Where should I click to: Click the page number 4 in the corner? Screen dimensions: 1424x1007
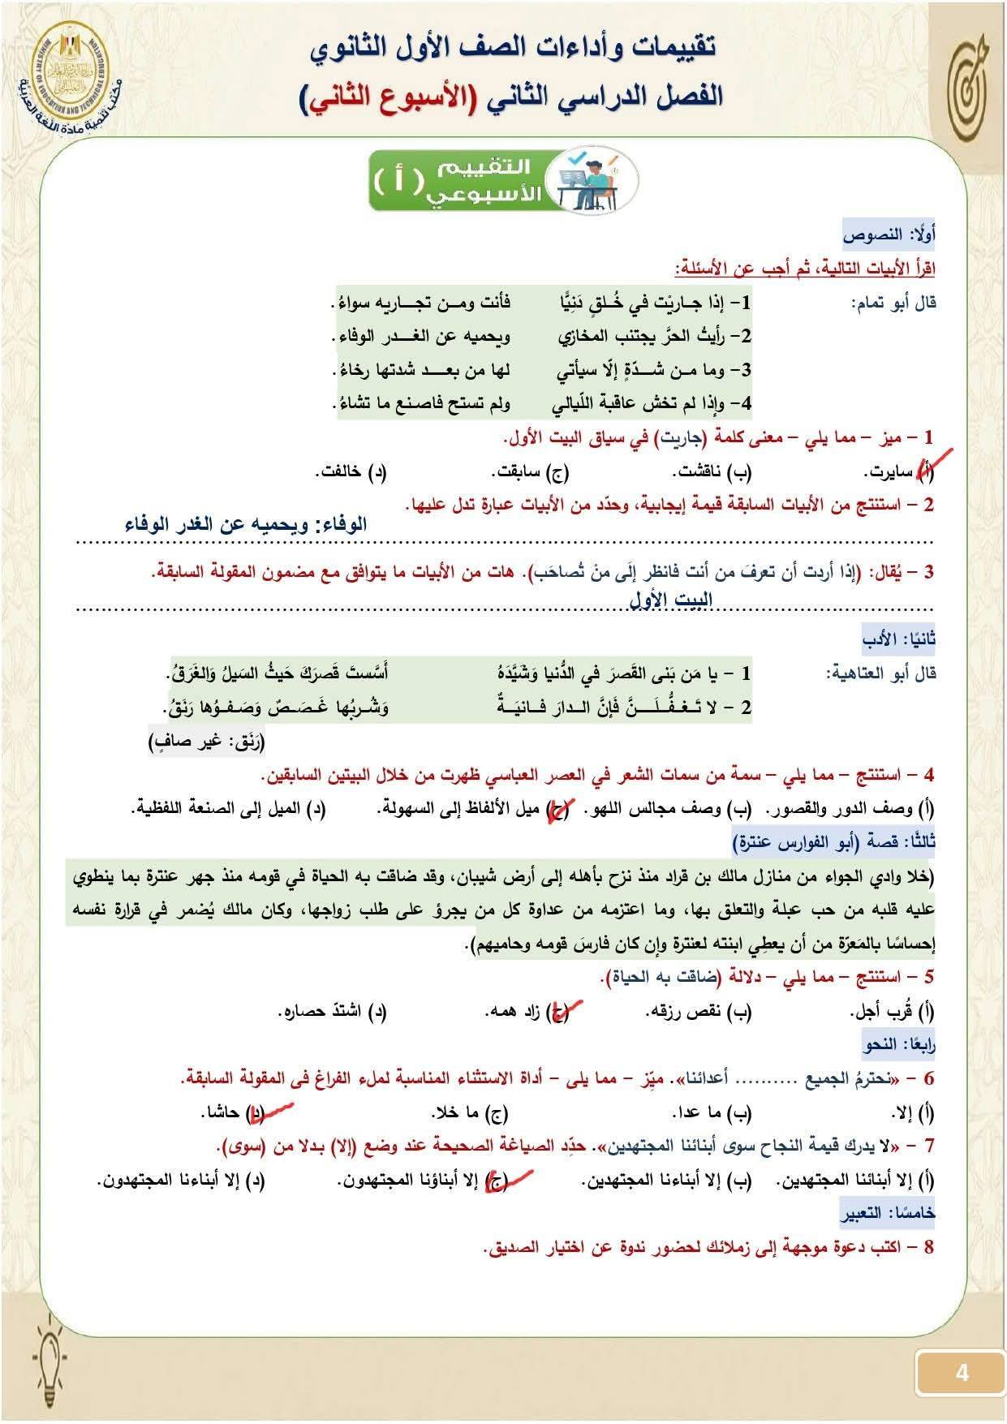click(962, 1373)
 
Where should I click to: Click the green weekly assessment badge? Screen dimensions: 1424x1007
click(503, 179)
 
